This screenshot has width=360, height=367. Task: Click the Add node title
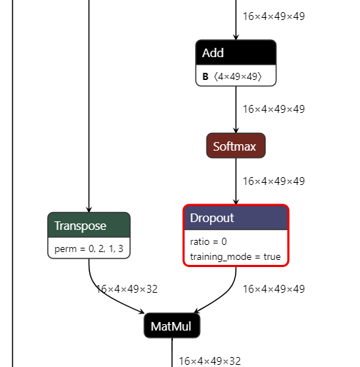(x=236, y=53)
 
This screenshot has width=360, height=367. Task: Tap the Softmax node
(x=236, y=146)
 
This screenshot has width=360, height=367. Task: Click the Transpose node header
(x=89, y=226)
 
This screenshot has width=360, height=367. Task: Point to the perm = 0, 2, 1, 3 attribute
(x=89, y=249)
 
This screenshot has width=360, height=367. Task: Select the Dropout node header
(x=236, y=218)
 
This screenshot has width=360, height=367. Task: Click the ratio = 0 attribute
(x=209, y=241)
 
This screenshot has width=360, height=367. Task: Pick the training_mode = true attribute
(x=236, y=256)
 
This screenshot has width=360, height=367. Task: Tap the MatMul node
(x=172, y=326)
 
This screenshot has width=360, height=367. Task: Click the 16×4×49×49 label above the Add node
(x=274, y=16)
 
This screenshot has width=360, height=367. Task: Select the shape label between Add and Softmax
(x=274, y=109)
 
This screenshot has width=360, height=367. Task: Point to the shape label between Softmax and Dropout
(x=274, y=181)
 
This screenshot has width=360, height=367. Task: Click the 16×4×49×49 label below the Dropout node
(x=274, y=289)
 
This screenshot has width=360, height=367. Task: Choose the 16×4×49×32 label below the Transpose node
(x=127, y=289)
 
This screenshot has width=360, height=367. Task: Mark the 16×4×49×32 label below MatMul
(x=209, y=361)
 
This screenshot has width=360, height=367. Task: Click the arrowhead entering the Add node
(x=236, y=36)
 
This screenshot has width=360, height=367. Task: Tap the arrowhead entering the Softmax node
(x=236, y=129)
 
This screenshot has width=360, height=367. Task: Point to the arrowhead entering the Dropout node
(x=236, y=201)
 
